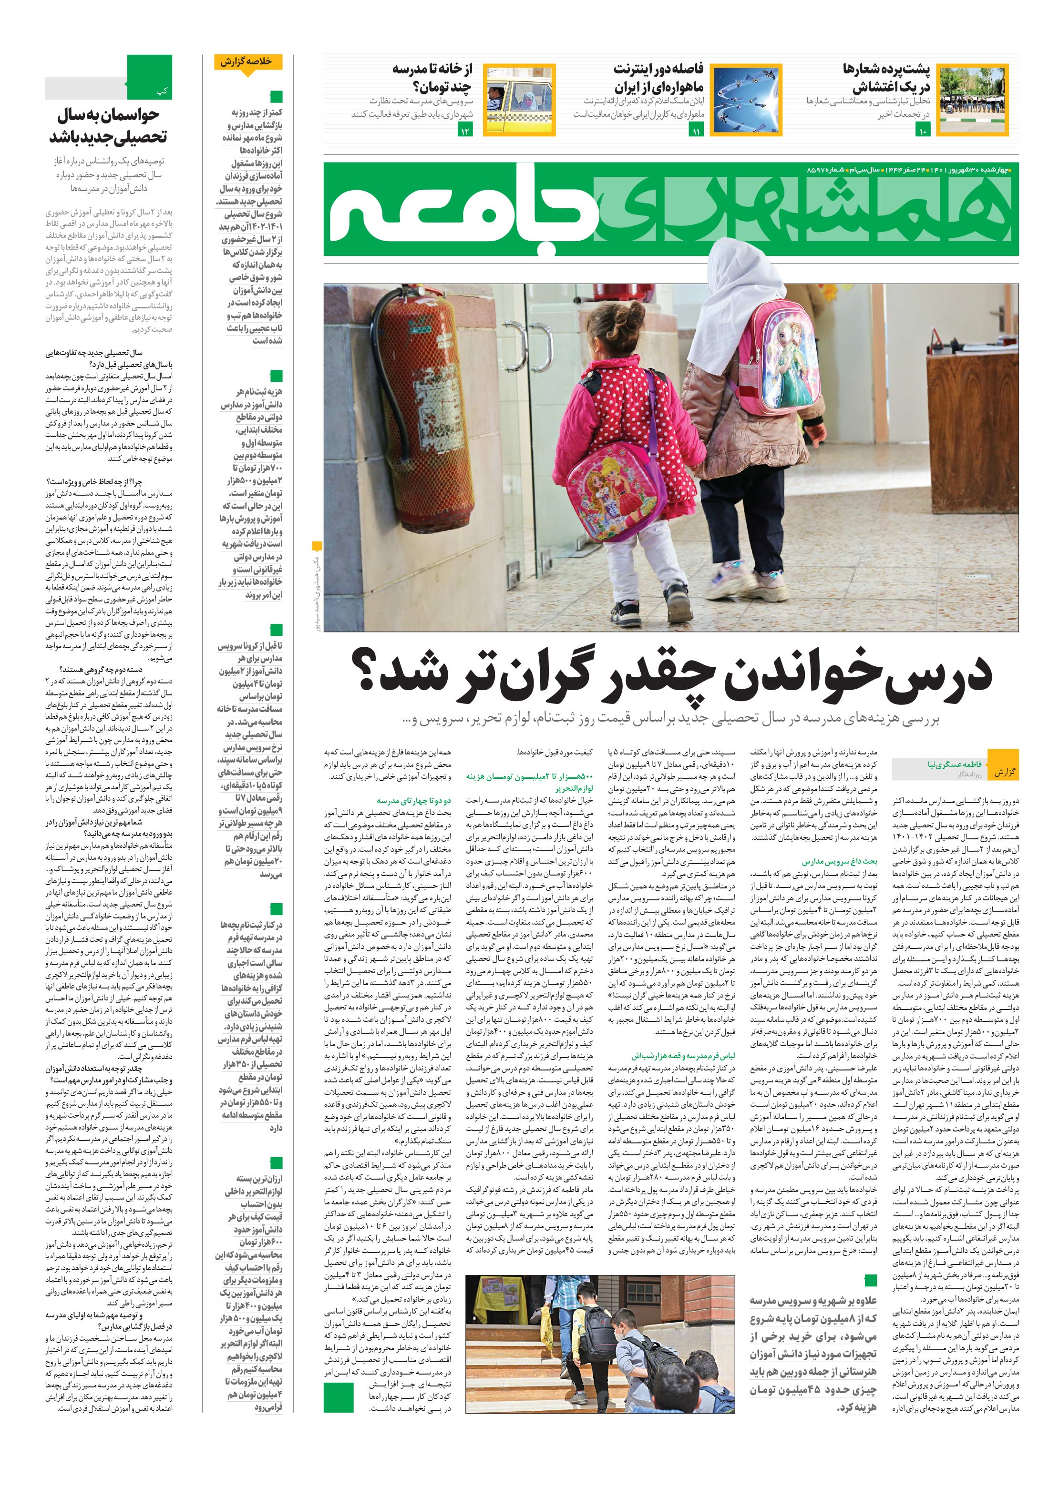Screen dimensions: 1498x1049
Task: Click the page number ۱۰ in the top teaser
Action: tap(923, 132)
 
